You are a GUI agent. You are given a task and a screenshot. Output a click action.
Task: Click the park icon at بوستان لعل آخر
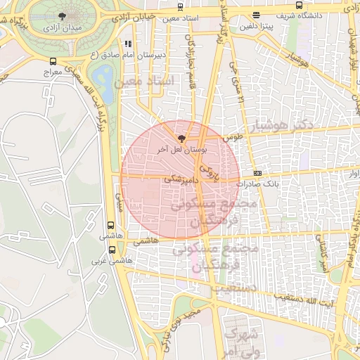182,139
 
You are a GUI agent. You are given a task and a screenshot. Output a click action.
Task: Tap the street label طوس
233,139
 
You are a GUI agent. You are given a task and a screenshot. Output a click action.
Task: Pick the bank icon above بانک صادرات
257,172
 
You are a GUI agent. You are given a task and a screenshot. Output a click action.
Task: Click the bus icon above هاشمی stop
110,226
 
